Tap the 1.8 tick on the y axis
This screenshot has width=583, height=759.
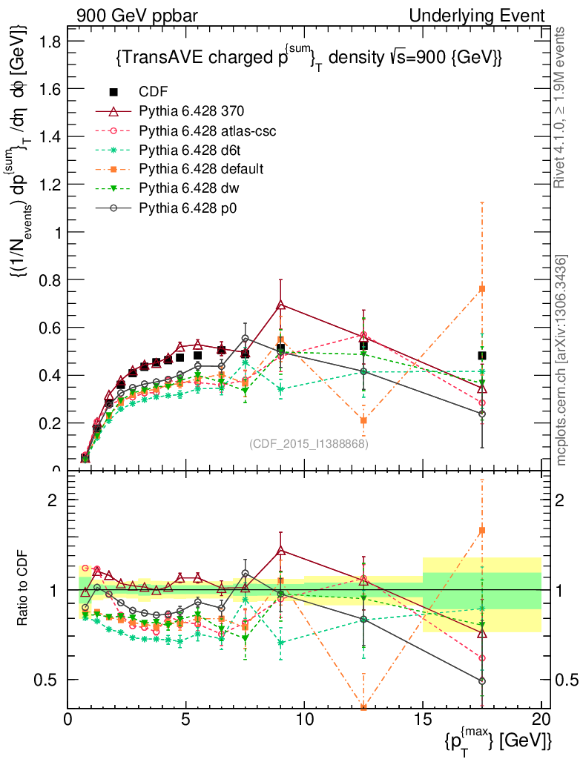pos(50,42)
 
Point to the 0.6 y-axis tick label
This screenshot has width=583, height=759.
pos(50,327)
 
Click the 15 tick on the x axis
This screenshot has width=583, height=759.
pos(423,720)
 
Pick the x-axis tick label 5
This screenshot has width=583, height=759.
pos(186,720)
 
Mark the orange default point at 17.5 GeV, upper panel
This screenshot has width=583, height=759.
pos(482,288)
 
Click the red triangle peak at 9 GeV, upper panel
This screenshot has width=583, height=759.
pos(280,305)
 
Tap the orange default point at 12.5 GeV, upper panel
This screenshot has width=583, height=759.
pos(363,420)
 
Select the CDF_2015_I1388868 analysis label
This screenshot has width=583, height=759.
pos(308,444)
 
